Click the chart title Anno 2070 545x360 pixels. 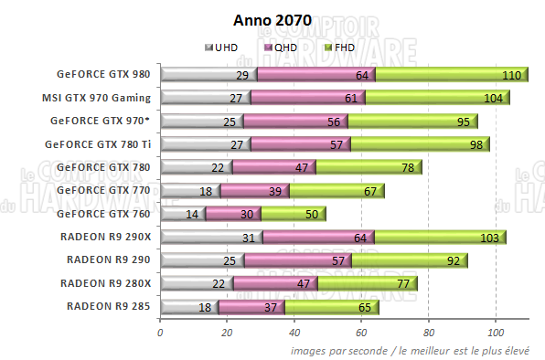pyautogui.click(x=272, y=19)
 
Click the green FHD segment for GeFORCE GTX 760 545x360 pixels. pyautogui.click(x=293, y=214)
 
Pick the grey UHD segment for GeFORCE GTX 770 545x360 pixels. pyautogui.click(x=190, y=191)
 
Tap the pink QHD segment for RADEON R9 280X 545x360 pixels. pyautogui.click(x=275, y=283)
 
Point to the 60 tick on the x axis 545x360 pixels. pyautogui.click(x=361, y=331)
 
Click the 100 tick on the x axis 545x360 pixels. pyautogui.click(x=496, y=331)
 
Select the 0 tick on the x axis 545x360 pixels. pyautogui.click(x=160, y=331)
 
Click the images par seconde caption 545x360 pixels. pyautogui.click(x=417, y=350)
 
